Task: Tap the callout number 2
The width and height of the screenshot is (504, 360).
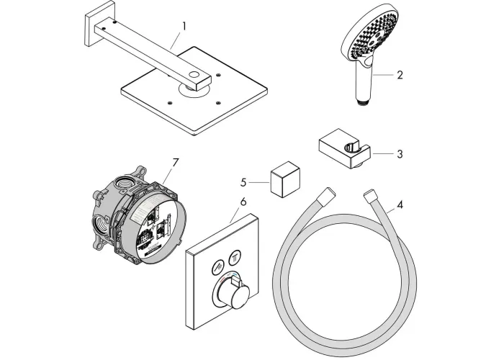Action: [x=400, y=74]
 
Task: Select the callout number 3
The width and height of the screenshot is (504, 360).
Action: [x=400, y=153]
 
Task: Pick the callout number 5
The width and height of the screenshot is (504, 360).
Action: [x=243, y=183]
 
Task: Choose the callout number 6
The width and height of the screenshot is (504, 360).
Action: [x=243, y=201]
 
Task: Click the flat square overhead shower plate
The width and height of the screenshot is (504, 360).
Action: [x=194, y=108]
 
